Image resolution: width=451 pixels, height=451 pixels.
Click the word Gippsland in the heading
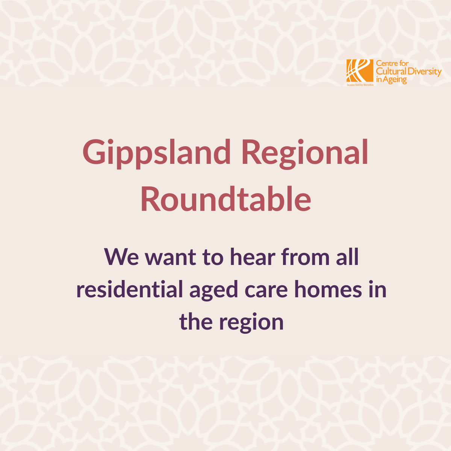tap(156, 154)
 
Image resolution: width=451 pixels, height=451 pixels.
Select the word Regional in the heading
tap(305, 154)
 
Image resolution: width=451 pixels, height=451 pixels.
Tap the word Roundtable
tap(225, 199)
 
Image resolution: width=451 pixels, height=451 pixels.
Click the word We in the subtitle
tap(121, 257)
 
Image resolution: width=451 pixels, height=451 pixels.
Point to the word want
tap(170, 258)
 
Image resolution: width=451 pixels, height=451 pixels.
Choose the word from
tap(306, 257)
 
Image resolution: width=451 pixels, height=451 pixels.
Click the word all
tap(348, 257)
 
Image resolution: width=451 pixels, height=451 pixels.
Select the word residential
tap(130, 289)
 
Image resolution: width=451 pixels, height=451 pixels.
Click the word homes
tap(328, 289)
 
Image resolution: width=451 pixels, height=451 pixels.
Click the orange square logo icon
tap(360, 71)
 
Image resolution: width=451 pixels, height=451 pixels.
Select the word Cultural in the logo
tap(389, 71)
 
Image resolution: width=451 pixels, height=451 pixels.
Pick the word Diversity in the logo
tap(422, 72)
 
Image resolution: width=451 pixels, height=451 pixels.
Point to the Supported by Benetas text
tap(360, 85)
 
